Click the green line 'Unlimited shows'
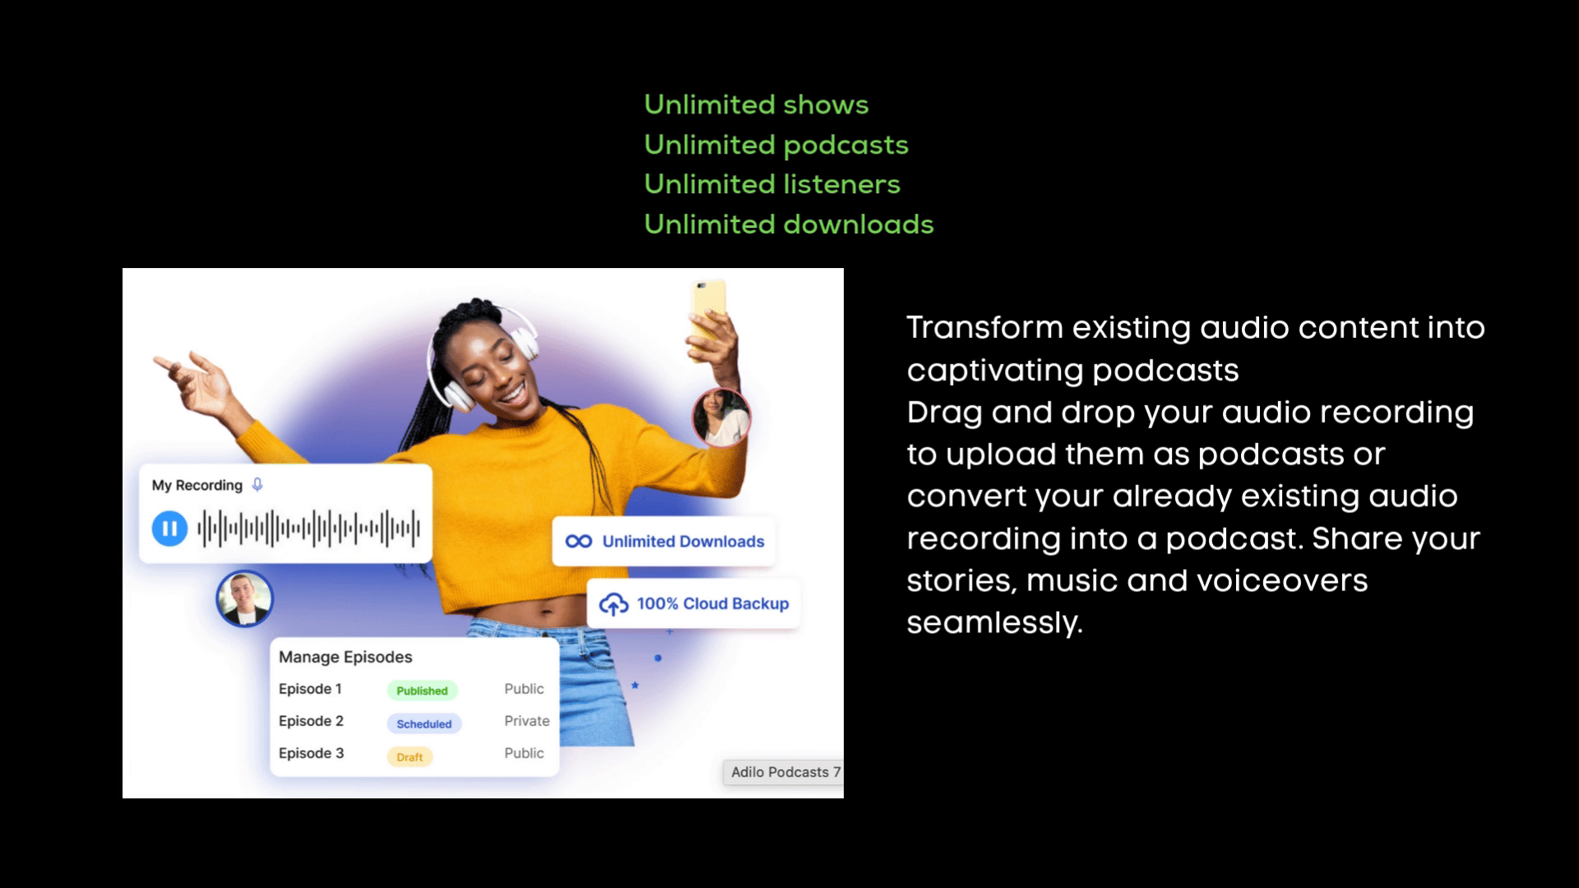(757, 104)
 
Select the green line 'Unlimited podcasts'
(776, 146)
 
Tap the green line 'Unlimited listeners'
(772, 184)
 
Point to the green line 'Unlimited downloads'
(789, 224)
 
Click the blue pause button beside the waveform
(169, 529)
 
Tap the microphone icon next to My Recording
(257, 485)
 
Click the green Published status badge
(422, 691)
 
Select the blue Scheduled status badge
(424, 724)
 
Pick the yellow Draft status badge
(410, 756)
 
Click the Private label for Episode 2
(527, 721)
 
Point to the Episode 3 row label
(312, 753)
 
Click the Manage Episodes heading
(345, 657)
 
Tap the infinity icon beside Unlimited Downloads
(579, 541)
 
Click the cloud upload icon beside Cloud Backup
(614, 604)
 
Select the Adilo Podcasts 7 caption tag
(783, 772)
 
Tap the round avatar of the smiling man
(244, 599)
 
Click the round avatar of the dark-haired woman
(721, 418)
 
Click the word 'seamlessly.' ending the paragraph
(995, 623)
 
